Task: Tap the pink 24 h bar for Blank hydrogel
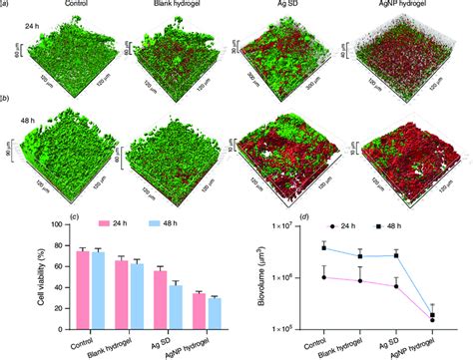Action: coord(121,293)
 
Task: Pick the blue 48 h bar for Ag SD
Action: coord(176,305)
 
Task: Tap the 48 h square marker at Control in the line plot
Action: coord(324,246)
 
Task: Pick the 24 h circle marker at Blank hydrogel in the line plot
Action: coord(360,280)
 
